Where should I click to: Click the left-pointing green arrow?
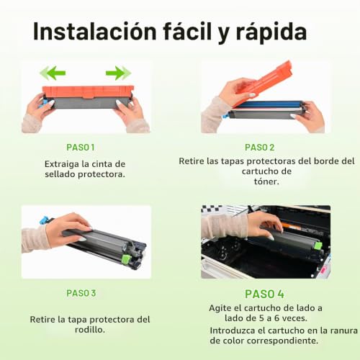[x=53, y=73]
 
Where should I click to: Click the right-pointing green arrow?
[x=118, y=73]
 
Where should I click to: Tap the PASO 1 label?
[x=81, y=148]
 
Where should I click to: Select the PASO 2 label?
[x=259, y=148]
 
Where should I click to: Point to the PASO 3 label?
[x=81, y=293]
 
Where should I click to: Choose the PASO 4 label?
[x=264, y=294]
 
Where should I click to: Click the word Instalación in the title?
[x=95, y=31]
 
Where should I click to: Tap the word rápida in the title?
[x=271, y=32]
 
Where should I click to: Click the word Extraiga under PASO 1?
[x=62, y=164]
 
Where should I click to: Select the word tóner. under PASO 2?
[x=266, y=181]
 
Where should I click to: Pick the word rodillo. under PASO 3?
[x=90, y=330]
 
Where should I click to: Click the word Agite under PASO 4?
[x=220, y=308]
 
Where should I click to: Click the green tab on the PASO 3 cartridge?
[x=126, y=258]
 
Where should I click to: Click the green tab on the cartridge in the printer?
[x=318, y=246]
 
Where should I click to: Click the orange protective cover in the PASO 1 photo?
[x=88, y=92]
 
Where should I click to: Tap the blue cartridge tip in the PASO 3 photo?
[x=46, y=220]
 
